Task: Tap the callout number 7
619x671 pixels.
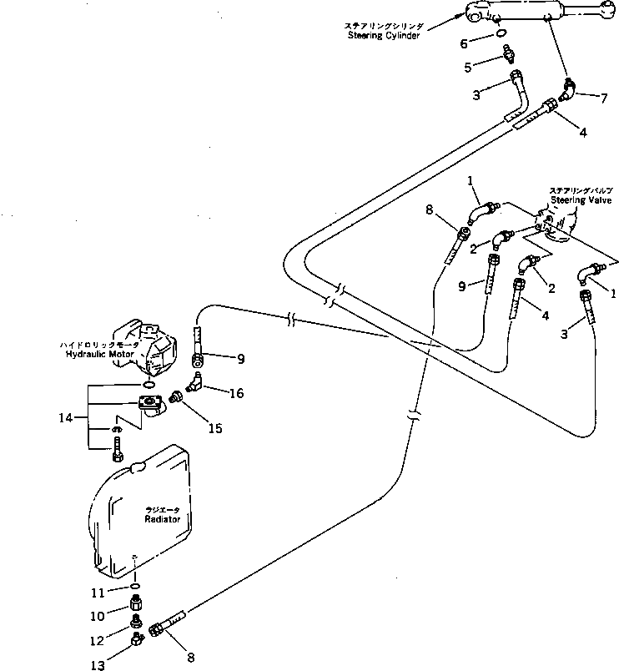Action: (603, 98)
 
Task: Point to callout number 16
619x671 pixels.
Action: (237, 391)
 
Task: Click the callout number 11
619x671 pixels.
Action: (98, 593)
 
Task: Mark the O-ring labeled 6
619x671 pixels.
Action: (500, 35)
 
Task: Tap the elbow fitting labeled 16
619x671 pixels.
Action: (195, 383)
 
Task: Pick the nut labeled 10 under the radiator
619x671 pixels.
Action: (134, 604)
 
